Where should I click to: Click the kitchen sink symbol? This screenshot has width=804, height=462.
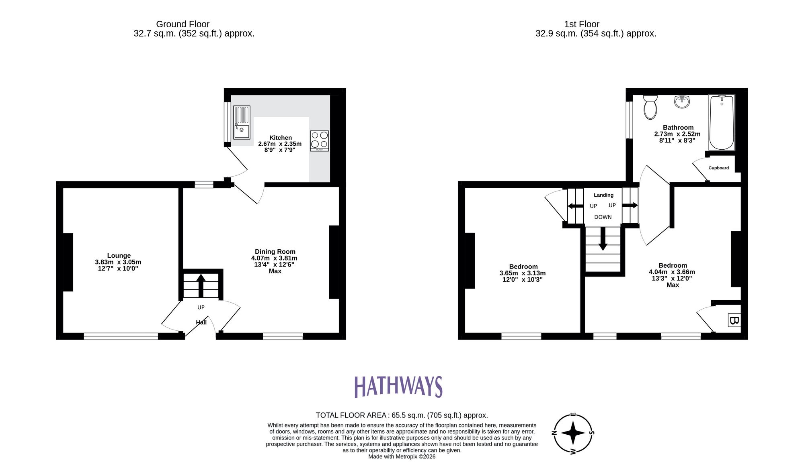tap(242, 122)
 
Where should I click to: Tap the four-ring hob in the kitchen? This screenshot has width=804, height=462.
tap(320, 141)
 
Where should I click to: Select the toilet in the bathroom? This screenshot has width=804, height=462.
tap(650, 107)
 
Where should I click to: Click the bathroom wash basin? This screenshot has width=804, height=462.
tap(682, 102)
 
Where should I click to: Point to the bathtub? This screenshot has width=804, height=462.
tap(722, 122)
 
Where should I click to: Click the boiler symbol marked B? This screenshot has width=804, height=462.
tap(734, 320)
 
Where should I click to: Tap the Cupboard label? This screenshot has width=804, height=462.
tap(718, 168)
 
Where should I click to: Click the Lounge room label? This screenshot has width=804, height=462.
tap(119, 255)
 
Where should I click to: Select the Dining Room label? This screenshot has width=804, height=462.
tap(275, 252)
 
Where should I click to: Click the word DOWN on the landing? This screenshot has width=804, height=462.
tap(603, 217)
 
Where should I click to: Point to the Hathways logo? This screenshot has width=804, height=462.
tap(398, 387)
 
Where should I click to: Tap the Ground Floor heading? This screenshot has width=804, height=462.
tap(183, 24)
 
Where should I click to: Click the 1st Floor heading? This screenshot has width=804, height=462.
tap(581, 24)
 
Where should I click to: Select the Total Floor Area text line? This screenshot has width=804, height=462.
tap(402, 415)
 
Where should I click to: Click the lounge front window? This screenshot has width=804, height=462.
tap(121, 336)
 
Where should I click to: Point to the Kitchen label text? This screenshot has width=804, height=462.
tap(280, 137)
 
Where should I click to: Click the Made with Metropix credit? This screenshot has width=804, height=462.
tap(402, 456)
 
